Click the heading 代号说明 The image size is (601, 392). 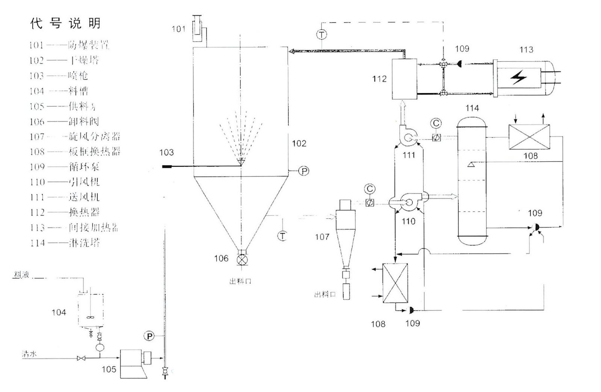click(x=66, y=23)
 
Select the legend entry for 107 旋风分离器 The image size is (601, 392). click(x=75, y=136)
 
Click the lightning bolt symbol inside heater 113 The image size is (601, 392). click(x=518, y=78)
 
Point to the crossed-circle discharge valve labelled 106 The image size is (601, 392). click(x=241, y=260)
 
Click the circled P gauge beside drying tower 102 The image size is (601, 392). click(x=304, y=171)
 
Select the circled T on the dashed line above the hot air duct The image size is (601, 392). click(x=322, y=35)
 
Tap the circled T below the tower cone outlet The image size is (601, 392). click(x=282, y=236)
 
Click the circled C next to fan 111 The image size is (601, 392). click(x=436, y=123)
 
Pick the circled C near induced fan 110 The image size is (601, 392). click(x=370, y=189)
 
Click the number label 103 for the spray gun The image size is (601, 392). click(x=166, y=152)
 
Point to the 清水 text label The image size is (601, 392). click(x=29, y=354)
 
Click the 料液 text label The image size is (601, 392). click(x=21, y=275)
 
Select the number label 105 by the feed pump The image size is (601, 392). click(x=109, y=369)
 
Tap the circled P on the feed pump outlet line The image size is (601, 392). click(x=149, y=336)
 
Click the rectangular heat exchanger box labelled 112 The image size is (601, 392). click(x=404, y=79)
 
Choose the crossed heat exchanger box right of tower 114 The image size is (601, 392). click(x=529, y=137)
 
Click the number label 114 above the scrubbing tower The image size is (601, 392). click(x=472, y=108)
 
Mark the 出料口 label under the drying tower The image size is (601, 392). click(x=240, y=281)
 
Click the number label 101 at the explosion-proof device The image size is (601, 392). click(x=179, y=29)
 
